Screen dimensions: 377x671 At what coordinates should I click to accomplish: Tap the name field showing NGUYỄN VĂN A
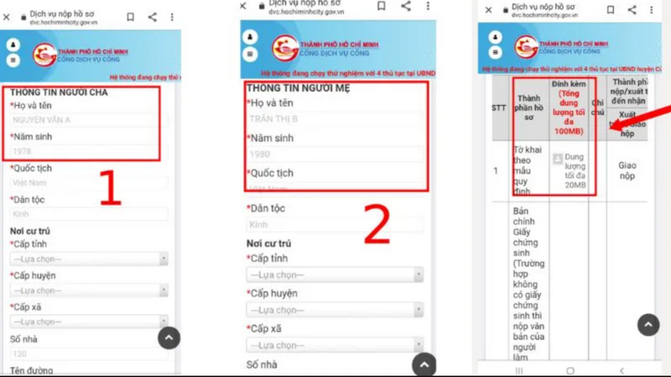pos(84,120)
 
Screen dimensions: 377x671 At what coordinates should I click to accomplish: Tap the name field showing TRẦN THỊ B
pos(335,119)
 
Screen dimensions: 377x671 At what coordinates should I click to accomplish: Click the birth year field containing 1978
pos(84,152)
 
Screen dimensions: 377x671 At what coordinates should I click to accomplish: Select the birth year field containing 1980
pos(335,155)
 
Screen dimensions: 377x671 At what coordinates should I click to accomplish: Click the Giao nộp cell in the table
pos(627,171)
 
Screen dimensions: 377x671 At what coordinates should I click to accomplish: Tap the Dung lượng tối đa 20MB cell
pos(574,171)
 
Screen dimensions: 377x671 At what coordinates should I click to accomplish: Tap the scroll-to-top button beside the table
pos(648,325)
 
